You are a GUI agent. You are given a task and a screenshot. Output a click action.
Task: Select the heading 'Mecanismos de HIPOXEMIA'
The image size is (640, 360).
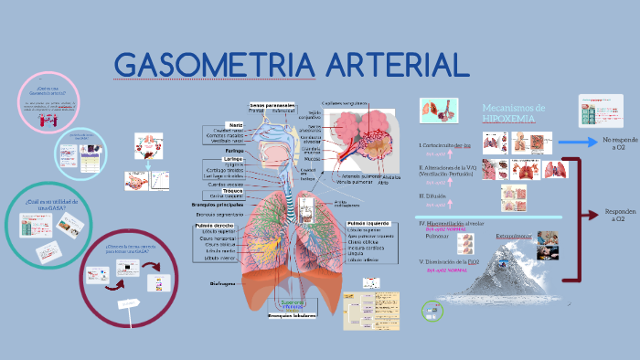(x=513, y=113)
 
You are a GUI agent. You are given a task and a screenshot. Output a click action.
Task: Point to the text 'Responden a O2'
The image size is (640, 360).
(x=619, y=216)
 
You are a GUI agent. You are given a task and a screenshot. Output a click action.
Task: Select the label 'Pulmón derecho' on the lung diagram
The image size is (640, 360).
(x=214, y=225)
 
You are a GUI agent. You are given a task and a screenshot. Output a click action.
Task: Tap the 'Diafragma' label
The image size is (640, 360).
(x=224, y=284)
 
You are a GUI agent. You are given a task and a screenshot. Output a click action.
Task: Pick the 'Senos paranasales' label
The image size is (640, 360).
(x=272, y=105)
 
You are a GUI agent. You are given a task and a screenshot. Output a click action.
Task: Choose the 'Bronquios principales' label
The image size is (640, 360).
(x=217, y=205)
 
